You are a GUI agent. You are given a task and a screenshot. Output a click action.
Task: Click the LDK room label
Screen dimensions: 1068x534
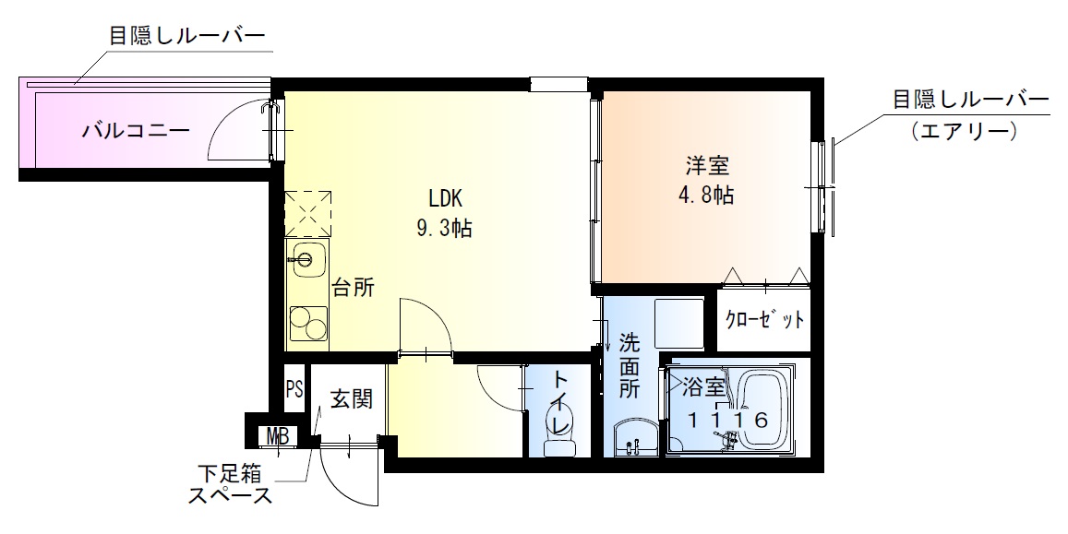[446, 198]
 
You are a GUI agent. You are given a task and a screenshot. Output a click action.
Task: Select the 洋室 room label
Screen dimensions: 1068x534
[707, 165]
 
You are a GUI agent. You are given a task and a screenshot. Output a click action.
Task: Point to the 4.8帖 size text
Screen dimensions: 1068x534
[706, 196]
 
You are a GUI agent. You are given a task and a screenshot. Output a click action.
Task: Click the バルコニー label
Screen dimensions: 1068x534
[137, 130]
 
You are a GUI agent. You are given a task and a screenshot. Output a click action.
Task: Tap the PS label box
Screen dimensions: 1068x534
[294, 389]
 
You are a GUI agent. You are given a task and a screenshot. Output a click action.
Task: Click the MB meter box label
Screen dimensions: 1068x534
[277, 436]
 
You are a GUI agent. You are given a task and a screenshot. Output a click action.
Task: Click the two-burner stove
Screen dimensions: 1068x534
[308, 324]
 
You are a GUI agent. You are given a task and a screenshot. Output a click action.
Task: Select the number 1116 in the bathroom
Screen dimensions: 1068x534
[726, 421]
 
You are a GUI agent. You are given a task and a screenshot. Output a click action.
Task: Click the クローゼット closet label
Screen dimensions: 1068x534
[764, 319]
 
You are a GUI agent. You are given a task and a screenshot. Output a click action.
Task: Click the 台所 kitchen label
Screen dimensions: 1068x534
[353, 289]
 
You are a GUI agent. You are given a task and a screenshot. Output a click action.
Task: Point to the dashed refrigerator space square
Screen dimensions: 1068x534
[308, 214]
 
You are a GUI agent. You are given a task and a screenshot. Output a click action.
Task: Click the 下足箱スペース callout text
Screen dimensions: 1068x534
[230, 484]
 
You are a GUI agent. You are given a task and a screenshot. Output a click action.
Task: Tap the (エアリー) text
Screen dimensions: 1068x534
[964, 128]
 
